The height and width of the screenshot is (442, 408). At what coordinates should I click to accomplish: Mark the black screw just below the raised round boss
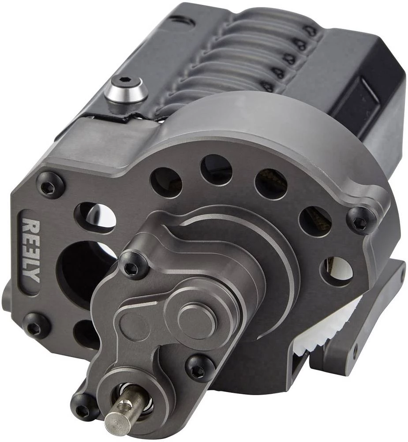tap(199, 366)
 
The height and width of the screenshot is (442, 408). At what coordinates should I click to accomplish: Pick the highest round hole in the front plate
tap(216, 169)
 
